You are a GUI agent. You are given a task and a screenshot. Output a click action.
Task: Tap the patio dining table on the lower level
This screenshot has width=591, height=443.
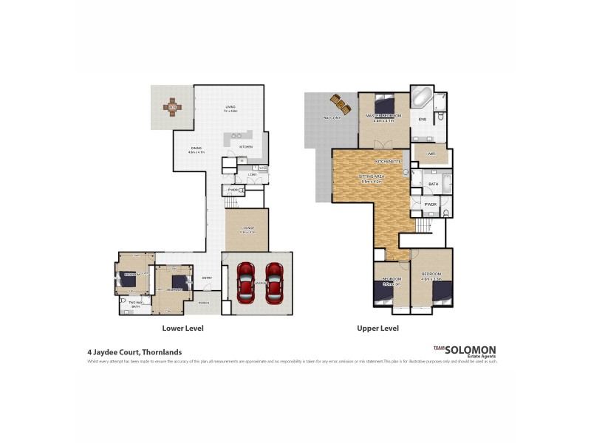pyautogui.click(x=172, y=108)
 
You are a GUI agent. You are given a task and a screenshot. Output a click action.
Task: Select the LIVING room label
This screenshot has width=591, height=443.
pyautogui.click(x=230, y=109)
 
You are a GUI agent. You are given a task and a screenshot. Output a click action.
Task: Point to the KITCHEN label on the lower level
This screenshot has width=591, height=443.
pyautogui.click(x=246, y=147)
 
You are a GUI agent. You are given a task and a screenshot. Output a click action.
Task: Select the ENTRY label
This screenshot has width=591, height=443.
pyautogui.click(x=208, y=278)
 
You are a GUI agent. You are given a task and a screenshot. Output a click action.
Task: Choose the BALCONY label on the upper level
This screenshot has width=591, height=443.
pyautogui.click(x=331, y=117)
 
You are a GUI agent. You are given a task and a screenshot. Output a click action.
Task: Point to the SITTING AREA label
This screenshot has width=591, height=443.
pyautogui.click(x=370, y=177)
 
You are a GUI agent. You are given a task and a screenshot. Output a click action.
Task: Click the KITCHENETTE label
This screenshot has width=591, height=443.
pyautogui.click(x=388, y=160)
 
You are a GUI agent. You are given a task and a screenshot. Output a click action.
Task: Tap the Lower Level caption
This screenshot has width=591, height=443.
pyautogui.click(x=182, y=328)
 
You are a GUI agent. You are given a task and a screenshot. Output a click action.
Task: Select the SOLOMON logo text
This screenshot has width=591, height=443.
pyautogui.click(x=473, y=350)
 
